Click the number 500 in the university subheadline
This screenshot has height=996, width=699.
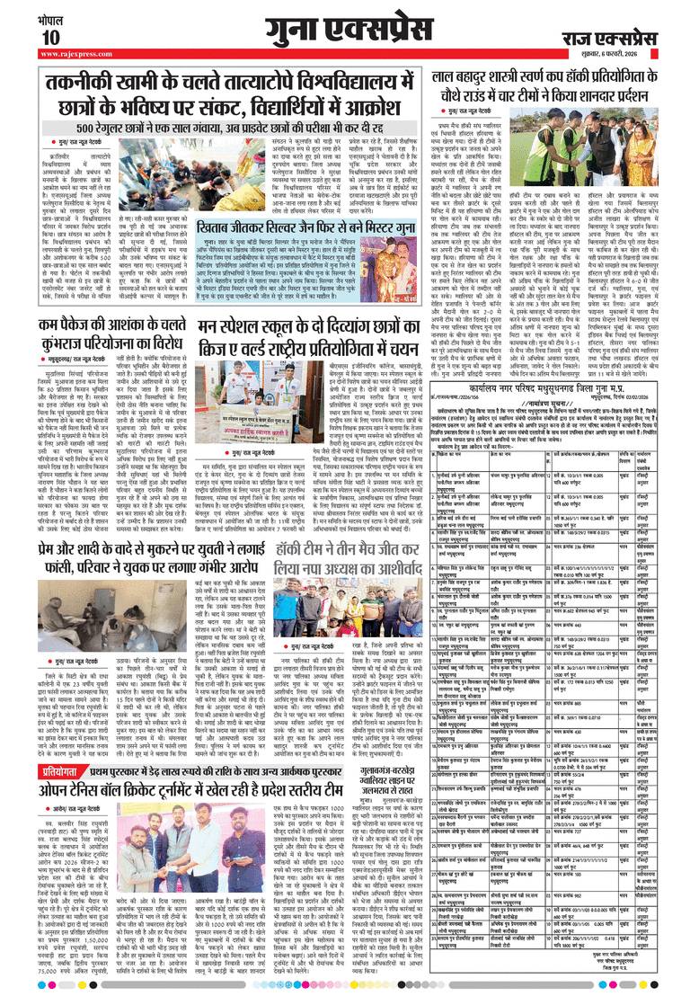pyautogui.click(x=64, y=129)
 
